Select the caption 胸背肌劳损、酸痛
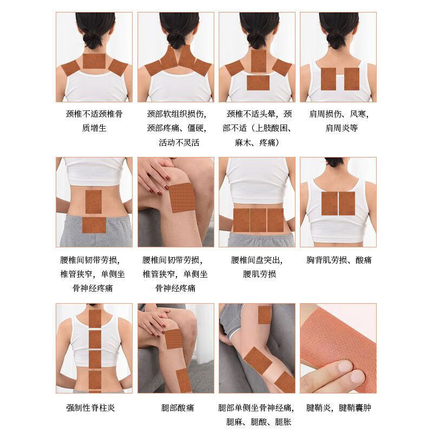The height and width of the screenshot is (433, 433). coord(338,260)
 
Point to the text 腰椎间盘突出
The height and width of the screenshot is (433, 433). coord(257,260)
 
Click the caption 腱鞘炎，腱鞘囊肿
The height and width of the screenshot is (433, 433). coord(338,408)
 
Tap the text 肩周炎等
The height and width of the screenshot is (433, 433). coord(338,129)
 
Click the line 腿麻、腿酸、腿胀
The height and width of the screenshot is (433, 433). coord(257,422)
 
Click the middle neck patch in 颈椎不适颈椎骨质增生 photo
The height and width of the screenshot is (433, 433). coord(94,61)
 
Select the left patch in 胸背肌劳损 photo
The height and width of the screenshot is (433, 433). coord(329,203)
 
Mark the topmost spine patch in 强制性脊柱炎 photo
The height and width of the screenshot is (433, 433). coord(95,319)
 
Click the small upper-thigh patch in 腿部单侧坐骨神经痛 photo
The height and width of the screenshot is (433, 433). coord(264,315)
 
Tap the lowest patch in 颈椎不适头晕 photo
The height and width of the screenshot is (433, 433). coord(258,82)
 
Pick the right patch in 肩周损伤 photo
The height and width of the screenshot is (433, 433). coord(351,78)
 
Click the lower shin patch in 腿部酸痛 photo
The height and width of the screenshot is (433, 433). coord(182,379)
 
